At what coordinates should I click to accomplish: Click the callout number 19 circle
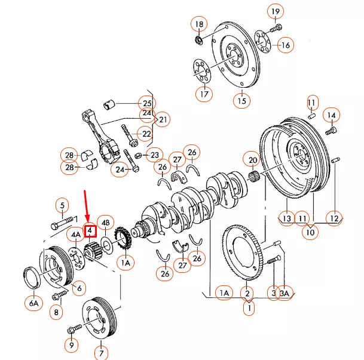point(275,12)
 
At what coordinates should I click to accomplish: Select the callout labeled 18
point(199,24)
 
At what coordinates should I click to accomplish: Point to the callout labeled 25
point(146,102)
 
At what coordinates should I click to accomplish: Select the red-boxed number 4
point(90,230)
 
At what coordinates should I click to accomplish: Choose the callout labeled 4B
point(105,223)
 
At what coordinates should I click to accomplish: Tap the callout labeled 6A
point(33,303)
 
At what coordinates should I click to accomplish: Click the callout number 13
point(287,219)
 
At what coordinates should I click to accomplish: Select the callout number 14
point(331,114)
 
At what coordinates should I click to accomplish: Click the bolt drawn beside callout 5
point(65,226)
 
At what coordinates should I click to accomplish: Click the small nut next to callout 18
point(198,40)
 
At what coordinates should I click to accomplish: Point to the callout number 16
point(285,45)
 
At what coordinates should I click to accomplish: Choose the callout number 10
point(309,232)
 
